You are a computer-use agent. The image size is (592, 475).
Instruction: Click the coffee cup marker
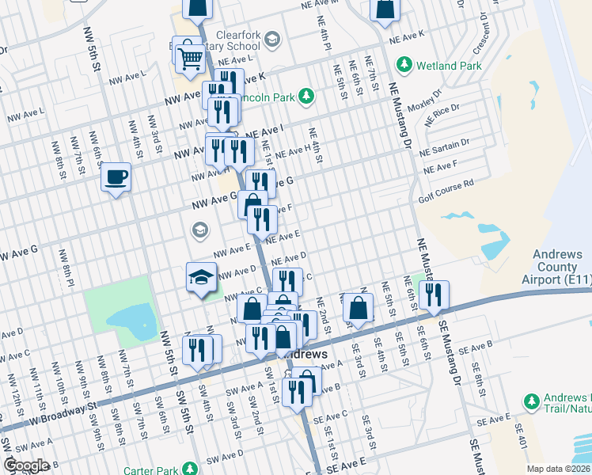click(116, 177)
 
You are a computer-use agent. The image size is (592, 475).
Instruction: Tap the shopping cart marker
click(189, 57)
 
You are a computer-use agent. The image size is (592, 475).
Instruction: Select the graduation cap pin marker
click(201, 279)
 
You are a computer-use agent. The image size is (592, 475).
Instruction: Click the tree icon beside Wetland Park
click(404, 64)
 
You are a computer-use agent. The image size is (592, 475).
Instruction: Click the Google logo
click(27, 465)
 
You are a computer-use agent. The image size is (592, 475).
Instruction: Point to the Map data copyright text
click(558, 469)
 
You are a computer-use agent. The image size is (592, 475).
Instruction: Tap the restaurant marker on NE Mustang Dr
click(433, 295)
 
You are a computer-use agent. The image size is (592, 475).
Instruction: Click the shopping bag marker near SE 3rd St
click(358, 308)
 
